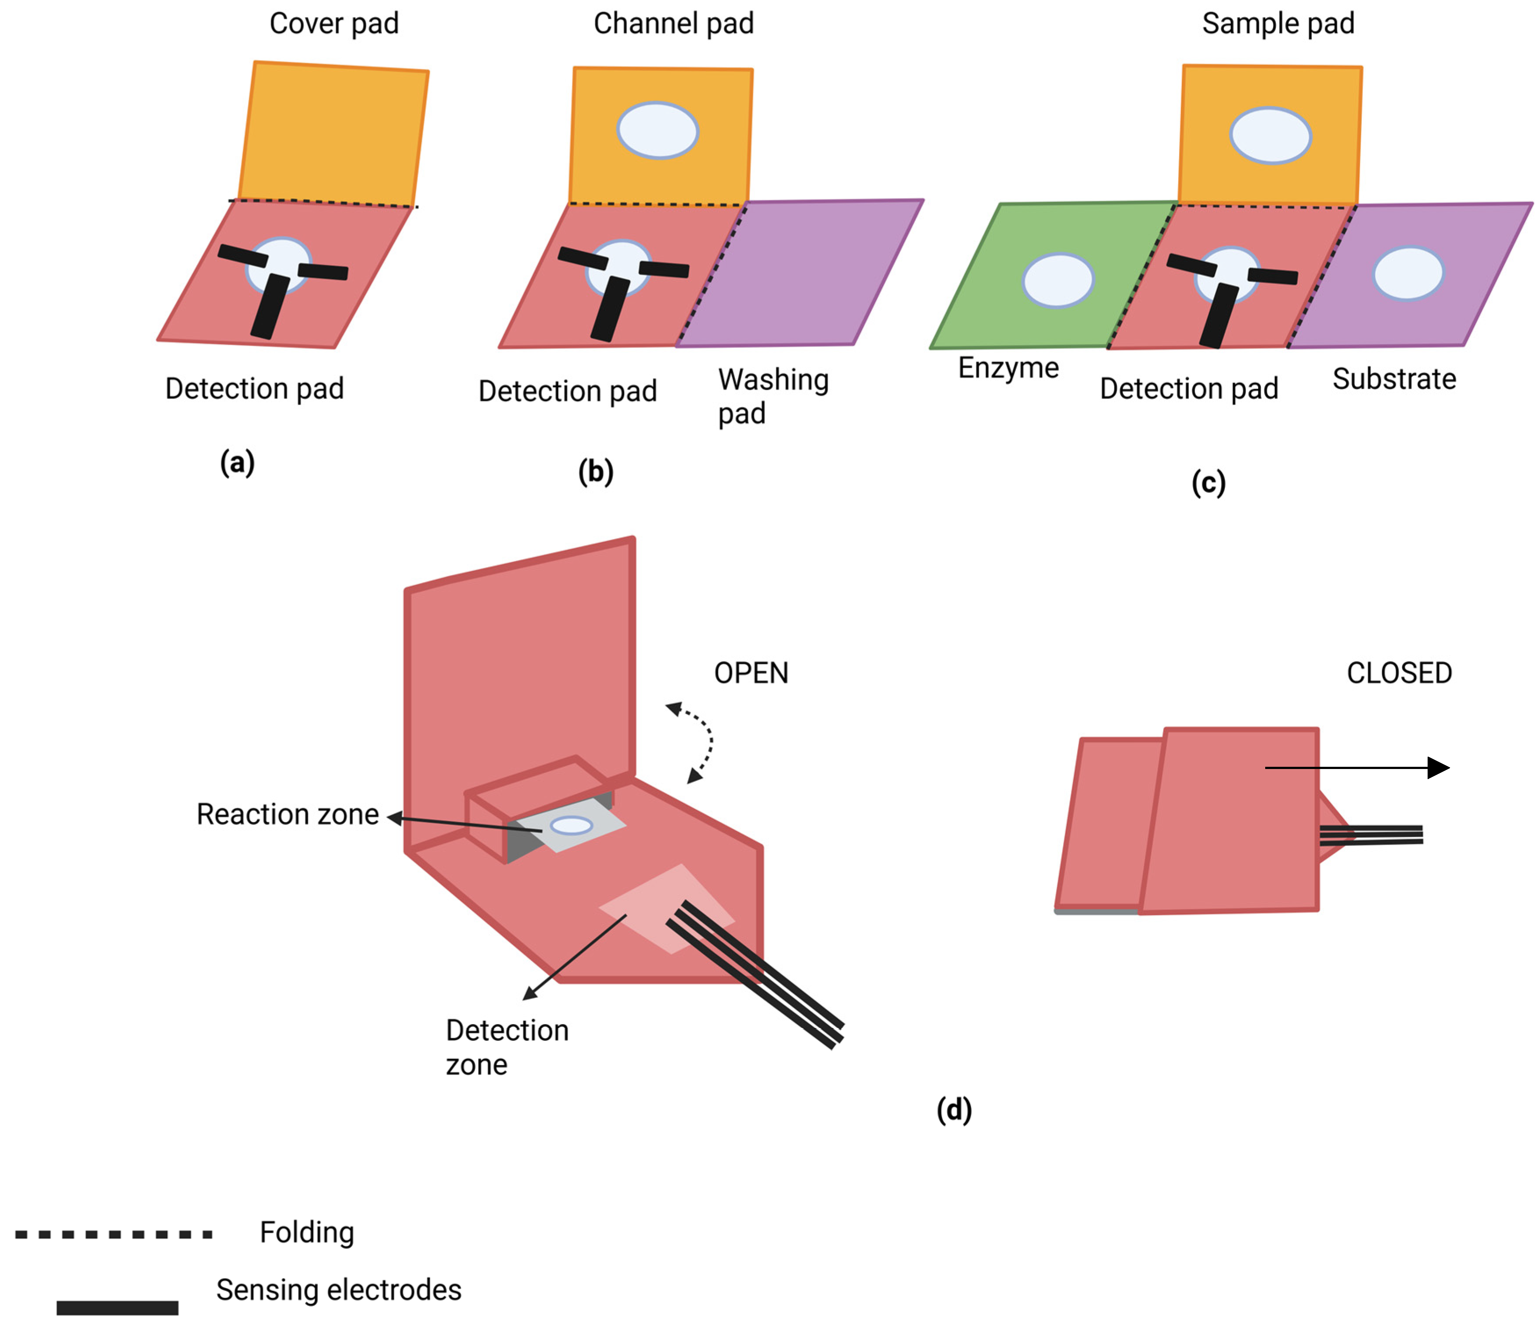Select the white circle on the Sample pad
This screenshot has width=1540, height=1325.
click(1270, 135)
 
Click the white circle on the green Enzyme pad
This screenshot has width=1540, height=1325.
click(1058, 280)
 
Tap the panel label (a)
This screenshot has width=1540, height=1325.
click(237, 462)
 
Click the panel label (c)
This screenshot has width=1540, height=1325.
click(1209, 483)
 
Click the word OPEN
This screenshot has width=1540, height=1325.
click(751, 673)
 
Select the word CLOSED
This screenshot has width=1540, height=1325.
click(1399, 673)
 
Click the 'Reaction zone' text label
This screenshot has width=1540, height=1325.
click(288, 814)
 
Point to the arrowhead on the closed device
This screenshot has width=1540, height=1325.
click(1438, 767)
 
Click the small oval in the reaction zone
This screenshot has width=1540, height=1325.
click(571, 825)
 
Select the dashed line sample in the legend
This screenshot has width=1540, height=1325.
click(114, 1234)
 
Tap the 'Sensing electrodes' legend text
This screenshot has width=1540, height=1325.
click(339, 1290)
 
